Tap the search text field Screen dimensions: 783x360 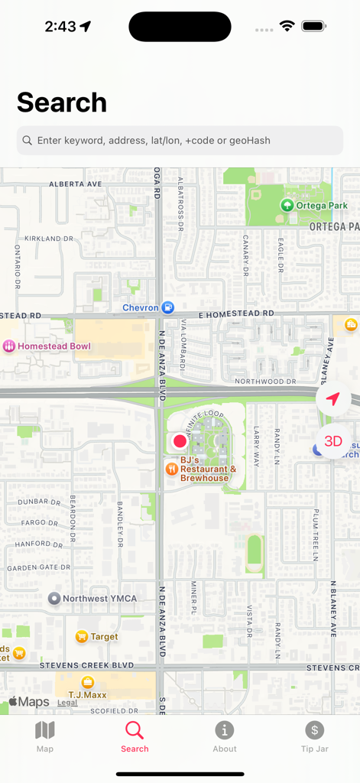tap(180, 141)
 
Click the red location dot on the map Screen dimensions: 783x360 tap(180, 441)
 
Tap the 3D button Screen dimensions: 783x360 tap(333, 441)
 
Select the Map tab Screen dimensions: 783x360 tap(45, 736)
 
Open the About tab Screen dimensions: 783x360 tap(224, 736)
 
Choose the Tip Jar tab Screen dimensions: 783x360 tap(314, 736)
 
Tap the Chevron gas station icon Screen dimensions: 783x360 tap(167, 308)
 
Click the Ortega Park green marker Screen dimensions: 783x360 tap(287, 205)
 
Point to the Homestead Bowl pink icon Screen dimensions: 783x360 tap(9, 346)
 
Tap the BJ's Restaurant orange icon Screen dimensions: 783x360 tap(172, 468)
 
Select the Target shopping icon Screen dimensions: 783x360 tap(82, 636)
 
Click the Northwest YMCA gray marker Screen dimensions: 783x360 tap(54, 599)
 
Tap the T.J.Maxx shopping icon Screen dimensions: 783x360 tap(88, 682)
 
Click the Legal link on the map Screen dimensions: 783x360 tap(67, 703)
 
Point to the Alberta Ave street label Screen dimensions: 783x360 tap(75, 184)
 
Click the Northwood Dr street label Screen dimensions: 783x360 tap(265, 381)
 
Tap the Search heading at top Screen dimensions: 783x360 tap(62, 102)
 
